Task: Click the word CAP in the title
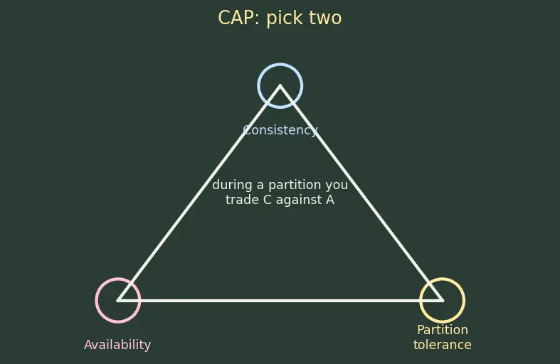coord(236,18)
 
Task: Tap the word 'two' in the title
coord(322,18)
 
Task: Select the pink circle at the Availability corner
coord(96,301)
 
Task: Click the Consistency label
coord(280,130)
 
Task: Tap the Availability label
coord(117,345)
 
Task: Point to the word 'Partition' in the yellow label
coord(443,330)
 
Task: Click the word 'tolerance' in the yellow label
coord(443,345)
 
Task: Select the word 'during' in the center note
coord(233,185)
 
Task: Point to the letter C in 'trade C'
coord(268,200)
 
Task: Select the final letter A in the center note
coord(330,200)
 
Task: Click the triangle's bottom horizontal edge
coord(280,301)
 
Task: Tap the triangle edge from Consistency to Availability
coord(199,193)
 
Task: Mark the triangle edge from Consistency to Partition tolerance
coord(361,193)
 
